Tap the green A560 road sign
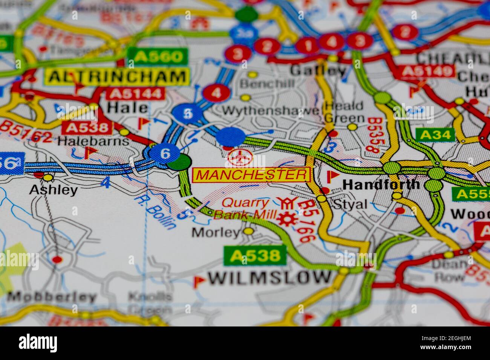[158, 57]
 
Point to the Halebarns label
[93, 141]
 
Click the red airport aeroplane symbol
[240, 157]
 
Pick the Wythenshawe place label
[271, 111]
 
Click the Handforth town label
[381, 184]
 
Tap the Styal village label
[350, 204]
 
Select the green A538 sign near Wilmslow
[255, 256]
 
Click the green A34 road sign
[435, 134]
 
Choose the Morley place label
[216, 232]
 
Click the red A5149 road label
[427, 71]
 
